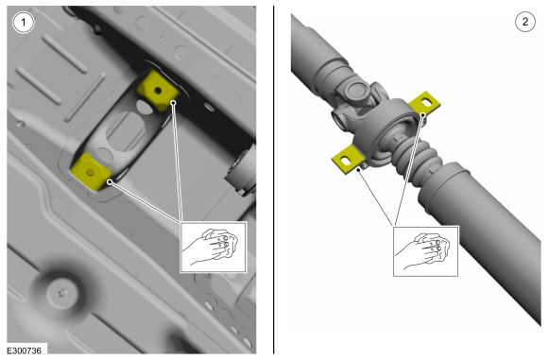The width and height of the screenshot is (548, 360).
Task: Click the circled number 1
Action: coord(24,23)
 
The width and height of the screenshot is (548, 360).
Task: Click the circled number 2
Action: coord(525,22)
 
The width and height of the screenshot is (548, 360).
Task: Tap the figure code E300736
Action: coord(25,351)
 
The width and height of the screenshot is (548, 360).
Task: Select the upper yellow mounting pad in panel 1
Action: coord(158,90)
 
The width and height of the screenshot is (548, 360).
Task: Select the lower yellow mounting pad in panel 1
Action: coord(91,172)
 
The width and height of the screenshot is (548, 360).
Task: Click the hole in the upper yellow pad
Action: coord(158,91)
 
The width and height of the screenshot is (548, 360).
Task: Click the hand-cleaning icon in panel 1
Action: coord(214,247)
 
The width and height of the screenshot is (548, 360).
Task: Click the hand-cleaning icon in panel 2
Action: coord(426,251)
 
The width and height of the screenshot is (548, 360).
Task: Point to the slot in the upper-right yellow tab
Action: coord(427,102)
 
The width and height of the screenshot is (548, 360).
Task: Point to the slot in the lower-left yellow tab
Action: coord(346,161)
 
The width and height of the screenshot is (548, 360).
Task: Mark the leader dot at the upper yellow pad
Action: coord(173,102)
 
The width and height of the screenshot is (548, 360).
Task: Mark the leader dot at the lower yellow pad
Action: coord(110,181)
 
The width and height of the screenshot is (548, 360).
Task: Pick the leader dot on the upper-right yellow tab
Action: coord(423,114)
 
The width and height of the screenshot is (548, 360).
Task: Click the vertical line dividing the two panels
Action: coord(274,180)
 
